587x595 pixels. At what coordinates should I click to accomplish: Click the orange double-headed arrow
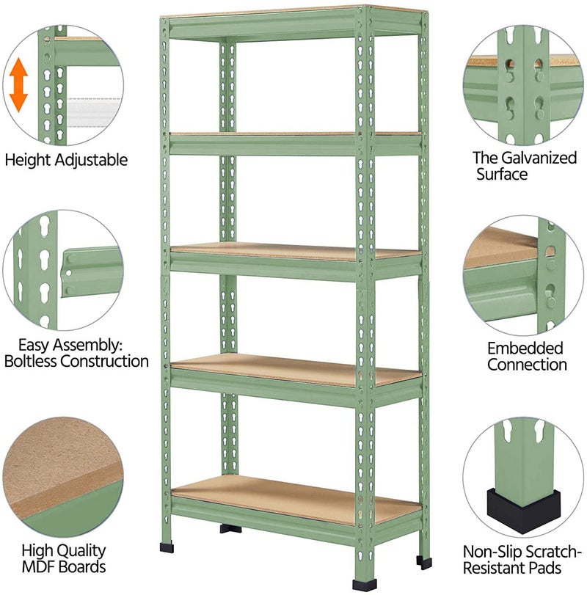click(19, 84)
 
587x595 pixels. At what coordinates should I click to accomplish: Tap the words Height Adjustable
click(66, 159)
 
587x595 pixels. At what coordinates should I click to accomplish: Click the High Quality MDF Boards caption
click(63, 558)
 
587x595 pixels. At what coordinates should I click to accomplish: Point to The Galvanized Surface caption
click(525, 166)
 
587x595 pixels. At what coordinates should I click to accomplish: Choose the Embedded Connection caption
click(526, 356)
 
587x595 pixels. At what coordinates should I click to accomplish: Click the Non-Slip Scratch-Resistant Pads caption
click(523, 559)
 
